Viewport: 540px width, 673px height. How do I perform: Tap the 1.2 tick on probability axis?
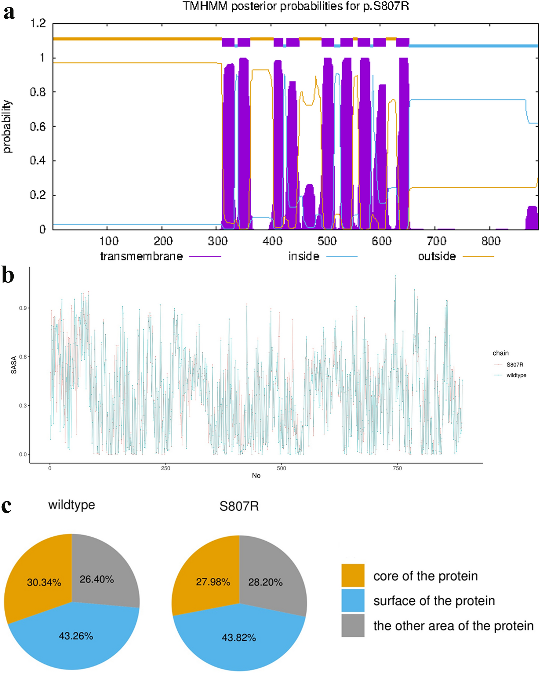38,24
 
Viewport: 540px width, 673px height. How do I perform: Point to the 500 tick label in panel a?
327,241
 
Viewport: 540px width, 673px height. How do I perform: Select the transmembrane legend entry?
160,257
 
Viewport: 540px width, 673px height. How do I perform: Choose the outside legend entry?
455,257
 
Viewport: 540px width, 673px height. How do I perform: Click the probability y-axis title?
7,127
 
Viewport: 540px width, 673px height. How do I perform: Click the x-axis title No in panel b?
256,475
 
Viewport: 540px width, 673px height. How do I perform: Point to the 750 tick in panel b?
397,468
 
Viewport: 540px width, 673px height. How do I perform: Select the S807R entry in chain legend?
510,364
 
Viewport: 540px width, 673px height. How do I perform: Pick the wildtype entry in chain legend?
511,375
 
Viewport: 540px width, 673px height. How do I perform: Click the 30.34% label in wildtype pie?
44,582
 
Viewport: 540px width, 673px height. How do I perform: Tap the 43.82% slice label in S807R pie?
239,638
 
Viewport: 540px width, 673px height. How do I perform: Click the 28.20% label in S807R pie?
265,582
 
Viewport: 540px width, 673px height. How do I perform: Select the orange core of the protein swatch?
352,575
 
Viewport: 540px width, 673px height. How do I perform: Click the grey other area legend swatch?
352,626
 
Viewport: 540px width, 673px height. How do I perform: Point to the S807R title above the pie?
239,506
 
